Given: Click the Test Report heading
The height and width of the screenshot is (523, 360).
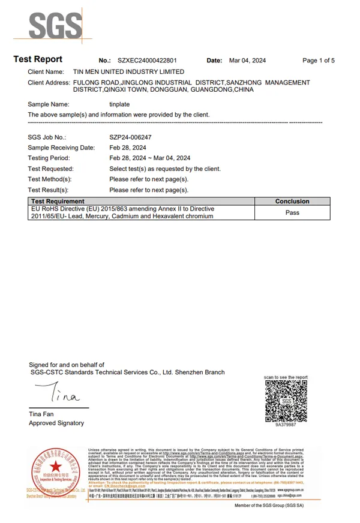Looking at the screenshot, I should [38, 59].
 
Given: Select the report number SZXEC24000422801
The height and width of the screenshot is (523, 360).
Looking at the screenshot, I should [147, 61].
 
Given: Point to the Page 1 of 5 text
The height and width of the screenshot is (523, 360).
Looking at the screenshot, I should [319, 61].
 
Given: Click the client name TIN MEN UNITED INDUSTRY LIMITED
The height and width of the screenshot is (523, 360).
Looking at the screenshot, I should [128, 72].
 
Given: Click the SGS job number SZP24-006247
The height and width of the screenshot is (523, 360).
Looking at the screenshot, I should [131, 137].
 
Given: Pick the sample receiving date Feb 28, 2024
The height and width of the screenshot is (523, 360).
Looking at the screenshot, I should [128, 148].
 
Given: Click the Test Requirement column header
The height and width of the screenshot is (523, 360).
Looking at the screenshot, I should [58, 202].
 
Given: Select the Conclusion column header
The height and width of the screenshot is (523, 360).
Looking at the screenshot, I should [292, 202].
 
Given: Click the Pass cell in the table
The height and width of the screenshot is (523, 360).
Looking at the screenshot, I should [292, 212].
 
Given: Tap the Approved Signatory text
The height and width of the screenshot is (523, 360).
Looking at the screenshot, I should [56, 423].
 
